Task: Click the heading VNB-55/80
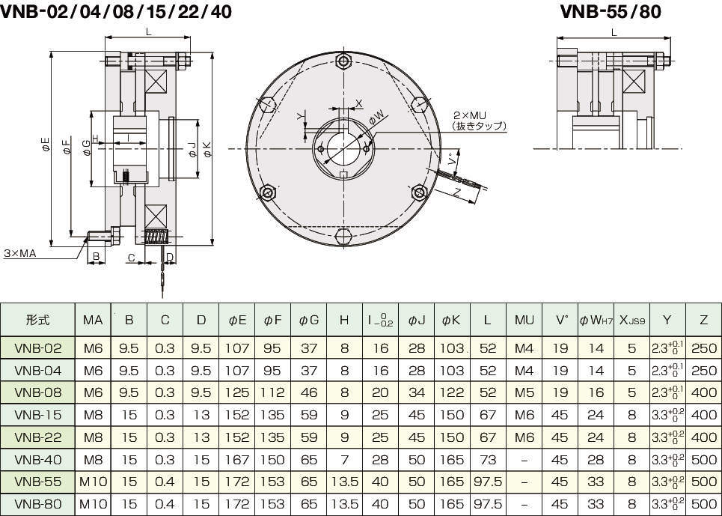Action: pyautogui.click(x=611, y=11)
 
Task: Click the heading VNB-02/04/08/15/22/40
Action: pyautogui.click(x=116, y=11)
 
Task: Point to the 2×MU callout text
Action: pyautogui.click(x=469, y=115)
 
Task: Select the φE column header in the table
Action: pyautogui.click(x=237, y=320)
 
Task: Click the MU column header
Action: pyautogui.click(x=524, y=320)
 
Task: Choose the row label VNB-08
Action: pyautogui.click(x=38, y=392)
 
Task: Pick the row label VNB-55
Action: pyautogui.click(x=38, y=482)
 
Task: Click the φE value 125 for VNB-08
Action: pyautogui.click(x=237, y=392)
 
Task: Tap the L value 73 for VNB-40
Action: pyautogui.click(x=488, y=459)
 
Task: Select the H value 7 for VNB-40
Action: pyautogui.click(x=344, y=459)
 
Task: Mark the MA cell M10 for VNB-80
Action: pyautogui.click(x=94, y=504)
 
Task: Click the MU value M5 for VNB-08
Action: pyautogui.click(x=524, y=392)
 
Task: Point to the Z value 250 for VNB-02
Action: pyautogui.click(x=703, y=348)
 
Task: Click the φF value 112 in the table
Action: pyautogui.click(x=273, y=392)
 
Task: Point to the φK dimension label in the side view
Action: pyautogui.click(x=206, y=150)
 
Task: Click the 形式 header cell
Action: pyautogui.click(x=38, y=320)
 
